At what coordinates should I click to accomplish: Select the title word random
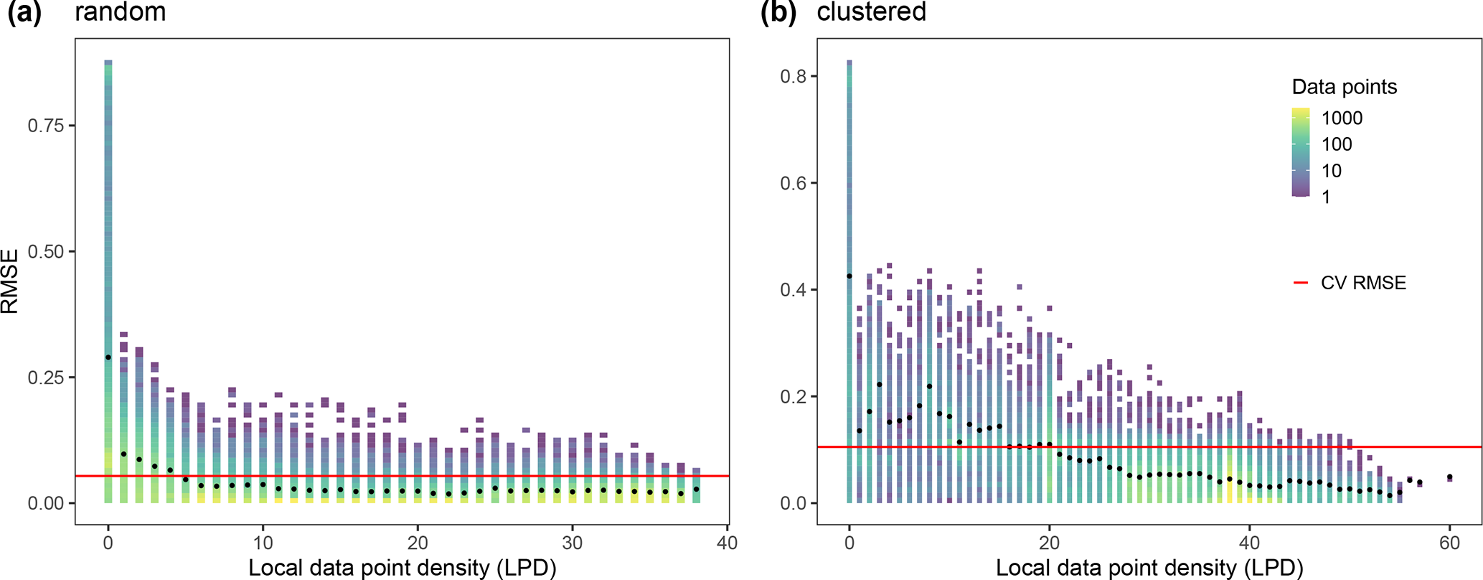(x=120, y=11)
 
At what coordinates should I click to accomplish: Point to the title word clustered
(x=871, y=11)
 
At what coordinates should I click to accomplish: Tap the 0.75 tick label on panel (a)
(x=45, y=126)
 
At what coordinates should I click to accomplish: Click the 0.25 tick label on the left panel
(x=45, y=378)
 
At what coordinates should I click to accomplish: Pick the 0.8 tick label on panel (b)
(x=794, y=76)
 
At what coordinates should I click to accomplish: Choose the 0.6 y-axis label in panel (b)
(x=794, y=183)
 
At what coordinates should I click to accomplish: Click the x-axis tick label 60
(x=1449, y=543)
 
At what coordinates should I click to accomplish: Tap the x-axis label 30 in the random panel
(x=572, y=543)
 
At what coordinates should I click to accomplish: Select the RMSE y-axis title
(x=10, y=281)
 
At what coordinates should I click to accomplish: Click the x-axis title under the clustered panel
(x=1149, y=568)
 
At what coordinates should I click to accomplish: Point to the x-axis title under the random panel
(x=402, y=568)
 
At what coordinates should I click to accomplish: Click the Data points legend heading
(x=1344, y=87)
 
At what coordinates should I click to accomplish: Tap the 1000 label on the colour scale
(x=1341, y=118)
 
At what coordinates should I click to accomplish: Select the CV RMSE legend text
(x=1362, y=283)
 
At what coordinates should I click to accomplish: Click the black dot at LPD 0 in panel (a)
(x=108, y=357)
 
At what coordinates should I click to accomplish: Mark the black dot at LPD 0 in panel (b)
(x=849, y=276)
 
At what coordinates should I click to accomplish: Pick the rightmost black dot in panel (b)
(x=1449, y=477)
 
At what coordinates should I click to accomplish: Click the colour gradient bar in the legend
(x=1300, y=152)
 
